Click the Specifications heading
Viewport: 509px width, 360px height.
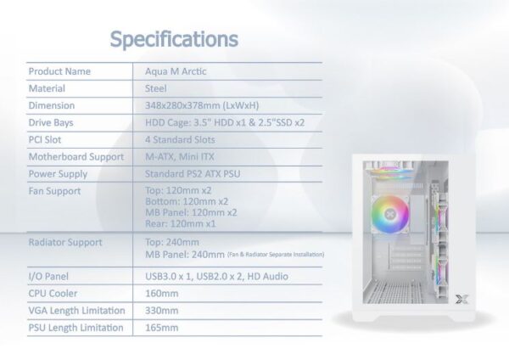pos(174,40)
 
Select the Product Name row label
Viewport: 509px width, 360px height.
pos(59,71)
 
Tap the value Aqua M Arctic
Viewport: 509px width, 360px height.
pos(176,71)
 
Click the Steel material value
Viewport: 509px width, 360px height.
pos(155,88)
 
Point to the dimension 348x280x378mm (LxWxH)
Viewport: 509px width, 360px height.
pos(202,105)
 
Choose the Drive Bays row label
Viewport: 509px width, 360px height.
pos(51,123)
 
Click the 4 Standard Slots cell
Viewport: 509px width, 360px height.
pos(180,140)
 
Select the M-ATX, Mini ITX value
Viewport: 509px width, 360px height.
pos(180,157)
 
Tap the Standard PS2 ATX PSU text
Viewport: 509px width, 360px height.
pos(193,174)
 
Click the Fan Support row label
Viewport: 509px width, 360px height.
pos(54,191)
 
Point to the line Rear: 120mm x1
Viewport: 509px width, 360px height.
pos(180,223)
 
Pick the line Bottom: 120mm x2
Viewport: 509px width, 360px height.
pos(187,201)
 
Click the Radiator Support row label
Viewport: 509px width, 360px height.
pos(65,242)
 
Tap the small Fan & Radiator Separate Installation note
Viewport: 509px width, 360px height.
pos(275,255)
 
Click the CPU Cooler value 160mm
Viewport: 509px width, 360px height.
pos(162,294)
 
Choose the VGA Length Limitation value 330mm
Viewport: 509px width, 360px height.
pos(162,311)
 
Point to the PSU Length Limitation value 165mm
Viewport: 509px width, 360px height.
pos(162,328)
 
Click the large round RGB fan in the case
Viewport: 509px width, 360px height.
pos(389,215)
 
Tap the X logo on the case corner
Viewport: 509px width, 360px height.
pos(461,300)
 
